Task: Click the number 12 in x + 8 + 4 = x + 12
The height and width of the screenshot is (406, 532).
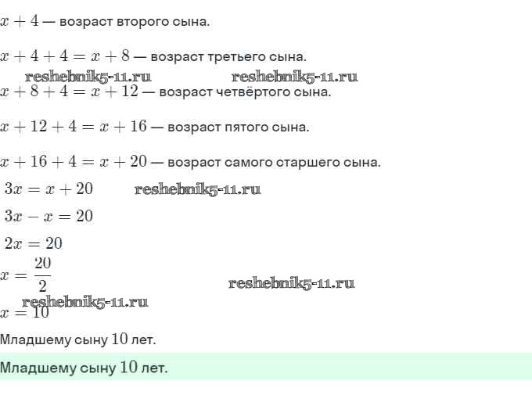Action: coord(130,92)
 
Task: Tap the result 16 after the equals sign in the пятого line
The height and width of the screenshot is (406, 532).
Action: coord(138,127)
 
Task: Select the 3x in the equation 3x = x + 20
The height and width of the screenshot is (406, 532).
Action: coord(13,189)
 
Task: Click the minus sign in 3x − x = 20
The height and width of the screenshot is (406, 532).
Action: coord(33,217)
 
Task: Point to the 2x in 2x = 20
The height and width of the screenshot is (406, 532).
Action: coord(13,243)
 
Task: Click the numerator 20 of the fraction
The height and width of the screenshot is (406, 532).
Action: coord(43,263)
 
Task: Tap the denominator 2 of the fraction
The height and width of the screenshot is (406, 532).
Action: coord(42,286)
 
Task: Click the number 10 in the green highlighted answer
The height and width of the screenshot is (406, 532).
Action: coord(128,367)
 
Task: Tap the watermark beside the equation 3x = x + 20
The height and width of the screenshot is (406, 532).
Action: coord(198,189)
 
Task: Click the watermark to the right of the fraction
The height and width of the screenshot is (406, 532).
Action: coord(292,283)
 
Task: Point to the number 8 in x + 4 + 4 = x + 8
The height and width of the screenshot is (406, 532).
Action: coord(125,56)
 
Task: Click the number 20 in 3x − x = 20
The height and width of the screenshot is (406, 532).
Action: coord(84,216)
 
